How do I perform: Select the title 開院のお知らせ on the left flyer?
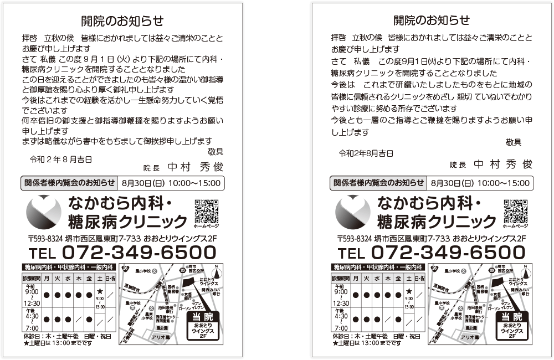(122, 21)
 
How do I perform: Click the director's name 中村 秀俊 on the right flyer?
(503, 164)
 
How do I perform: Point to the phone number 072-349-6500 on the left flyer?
(138, 253)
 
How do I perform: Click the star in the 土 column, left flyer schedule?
(100, 291)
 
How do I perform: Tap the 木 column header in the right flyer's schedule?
(387, 278)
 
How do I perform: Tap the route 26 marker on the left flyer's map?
(125, 269)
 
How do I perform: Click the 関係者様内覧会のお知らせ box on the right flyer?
(378, 183)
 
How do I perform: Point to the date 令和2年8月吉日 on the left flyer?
(61, 160)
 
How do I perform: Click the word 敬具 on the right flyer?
(514, 142)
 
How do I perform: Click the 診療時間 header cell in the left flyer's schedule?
(32, 278)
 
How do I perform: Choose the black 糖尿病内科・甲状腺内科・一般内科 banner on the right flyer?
(377, 267)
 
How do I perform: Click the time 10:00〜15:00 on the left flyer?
(194, 183)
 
